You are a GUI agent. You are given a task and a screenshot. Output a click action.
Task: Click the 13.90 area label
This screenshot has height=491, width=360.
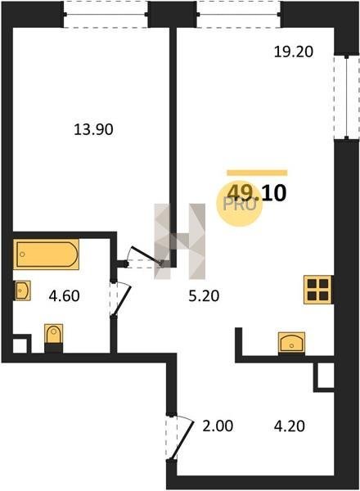click(93, 129)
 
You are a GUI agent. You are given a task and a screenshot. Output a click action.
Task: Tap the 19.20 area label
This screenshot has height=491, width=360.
click(294, 52)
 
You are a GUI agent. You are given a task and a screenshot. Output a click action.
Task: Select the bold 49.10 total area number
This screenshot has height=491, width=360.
click(256, 192)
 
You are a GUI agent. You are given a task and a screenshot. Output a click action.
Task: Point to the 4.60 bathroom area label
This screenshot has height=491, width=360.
click(64, 296)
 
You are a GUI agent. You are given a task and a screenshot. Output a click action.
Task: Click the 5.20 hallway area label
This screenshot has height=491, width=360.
click(204, 296)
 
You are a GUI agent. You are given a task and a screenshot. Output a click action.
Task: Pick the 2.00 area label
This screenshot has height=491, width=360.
click(218, 426)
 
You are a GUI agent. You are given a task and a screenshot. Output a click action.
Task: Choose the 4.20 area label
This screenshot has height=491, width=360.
click(290, 426)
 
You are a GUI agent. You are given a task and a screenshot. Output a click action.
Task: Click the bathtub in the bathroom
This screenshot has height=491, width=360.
click(46, 254)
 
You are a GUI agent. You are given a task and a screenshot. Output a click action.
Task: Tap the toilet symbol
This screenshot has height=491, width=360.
click(53, 338)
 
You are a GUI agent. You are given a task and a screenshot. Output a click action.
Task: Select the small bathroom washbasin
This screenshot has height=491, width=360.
click(23, 291)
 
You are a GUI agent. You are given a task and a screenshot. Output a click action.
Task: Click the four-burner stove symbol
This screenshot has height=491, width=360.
click(317, 290)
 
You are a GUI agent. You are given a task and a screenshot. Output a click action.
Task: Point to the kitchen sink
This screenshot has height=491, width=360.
click(291, 343)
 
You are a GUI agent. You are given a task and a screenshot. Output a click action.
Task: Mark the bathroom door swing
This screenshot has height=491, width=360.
click(120, 300)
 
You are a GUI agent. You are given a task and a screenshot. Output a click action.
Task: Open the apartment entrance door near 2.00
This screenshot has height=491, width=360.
click(180, 438)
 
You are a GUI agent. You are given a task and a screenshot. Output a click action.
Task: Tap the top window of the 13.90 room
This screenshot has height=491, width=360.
click(106, 14)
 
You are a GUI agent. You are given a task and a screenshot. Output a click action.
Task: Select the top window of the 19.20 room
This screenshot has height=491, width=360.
click(239, 14)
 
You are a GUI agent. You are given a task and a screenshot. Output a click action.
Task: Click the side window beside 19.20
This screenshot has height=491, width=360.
click(346, 97)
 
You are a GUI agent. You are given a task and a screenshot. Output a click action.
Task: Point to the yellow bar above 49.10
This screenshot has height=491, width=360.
click(257, 173)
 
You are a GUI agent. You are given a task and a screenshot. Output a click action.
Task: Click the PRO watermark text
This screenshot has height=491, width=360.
click(240, 205)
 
